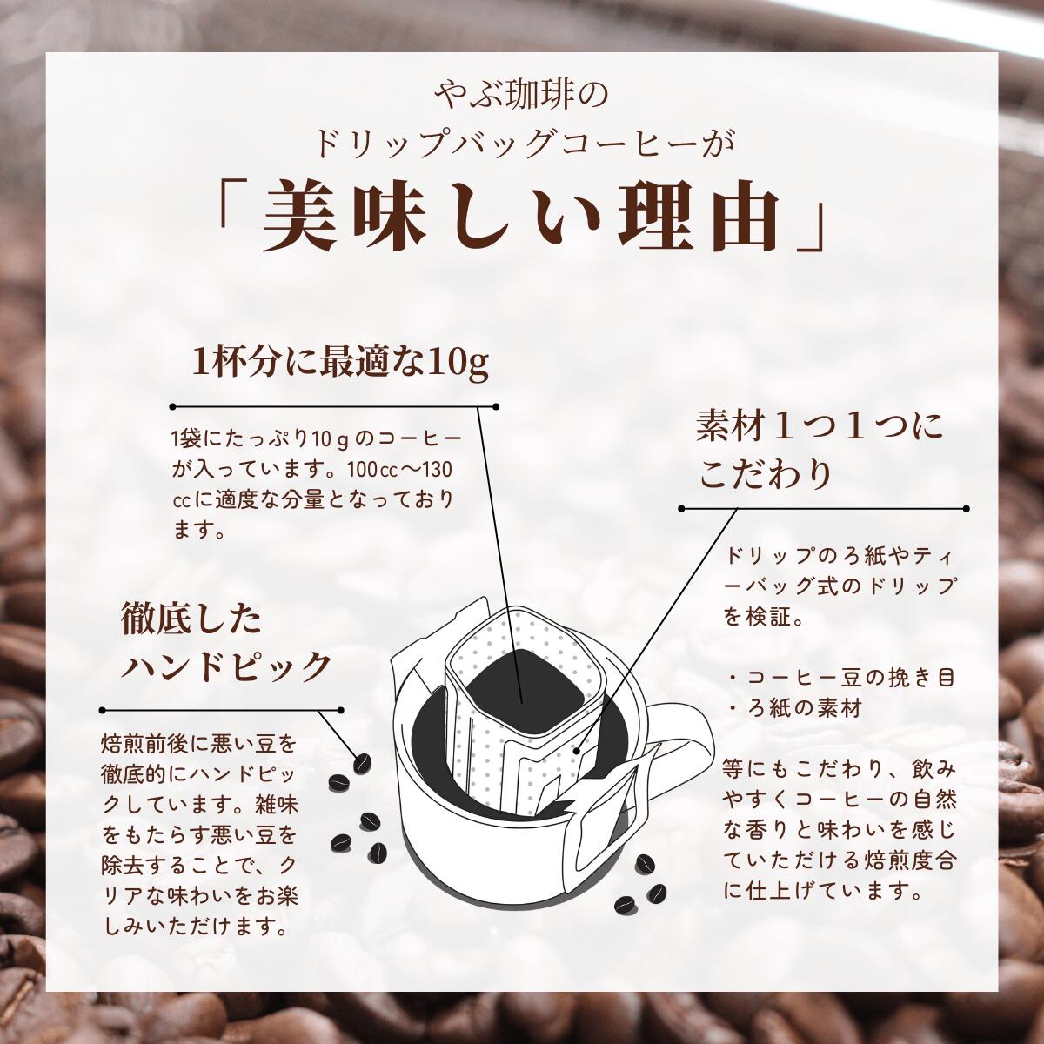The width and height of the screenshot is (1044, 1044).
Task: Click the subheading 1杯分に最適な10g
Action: click(x=340, y=363)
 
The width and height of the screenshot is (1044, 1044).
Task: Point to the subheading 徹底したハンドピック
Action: click(x=227, y=644)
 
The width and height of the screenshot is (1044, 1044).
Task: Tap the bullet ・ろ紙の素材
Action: click(x=793, y=709)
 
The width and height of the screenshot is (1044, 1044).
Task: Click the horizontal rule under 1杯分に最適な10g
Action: click(x=335, y=406)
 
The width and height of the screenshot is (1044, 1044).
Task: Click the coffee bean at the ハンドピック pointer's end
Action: click(x=360, y=763)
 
